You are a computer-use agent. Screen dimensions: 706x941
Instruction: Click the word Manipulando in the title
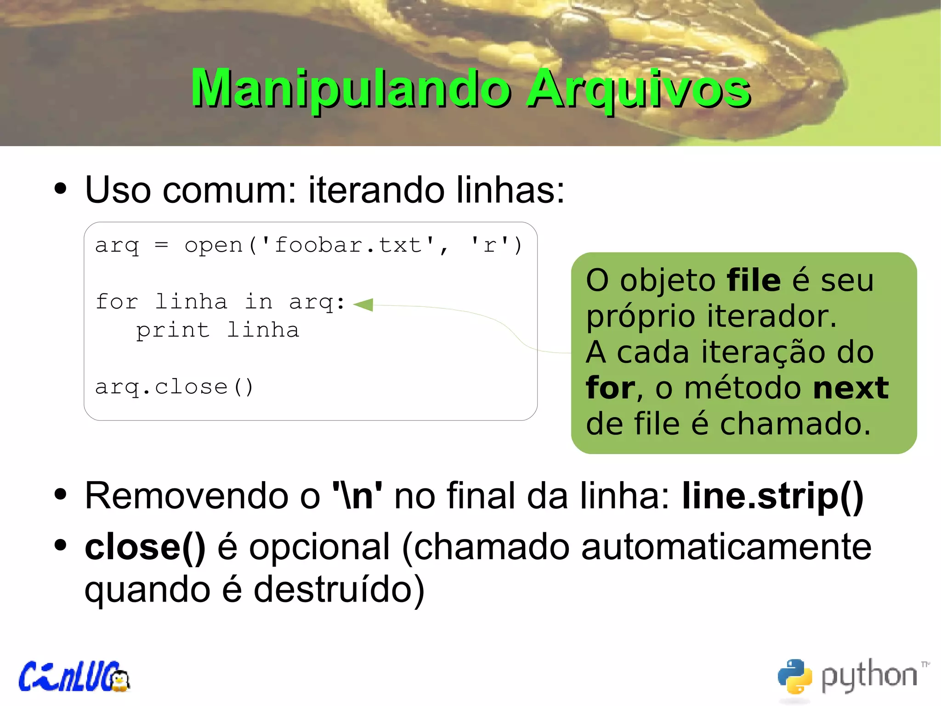pos(350,88)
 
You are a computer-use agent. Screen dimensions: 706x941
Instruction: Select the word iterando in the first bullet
pos(376,190)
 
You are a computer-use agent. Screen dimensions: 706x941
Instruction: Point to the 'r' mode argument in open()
pos(490,245)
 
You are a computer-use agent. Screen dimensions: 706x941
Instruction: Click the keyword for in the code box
pos(117,302)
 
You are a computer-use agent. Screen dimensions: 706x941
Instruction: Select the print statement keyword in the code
pos(173,330)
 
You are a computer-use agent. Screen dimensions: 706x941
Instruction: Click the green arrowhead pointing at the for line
pos(364,304)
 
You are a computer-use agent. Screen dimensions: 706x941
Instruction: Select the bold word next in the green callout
pos(850,388)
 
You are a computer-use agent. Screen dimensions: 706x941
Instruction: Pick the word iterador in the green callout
pos(771,316)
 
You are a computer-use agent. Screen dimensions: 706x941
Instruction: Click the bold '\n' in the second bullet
pos(357,496)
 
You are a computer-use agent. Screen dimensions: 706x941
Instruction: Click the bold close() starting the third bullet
pos(145,547)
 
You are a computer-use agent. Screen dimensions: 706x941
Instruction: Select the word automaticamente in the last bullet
pos(726,547)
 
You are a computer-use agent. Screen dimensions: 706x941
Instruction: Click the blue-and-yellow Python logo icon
pos(794,676)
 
